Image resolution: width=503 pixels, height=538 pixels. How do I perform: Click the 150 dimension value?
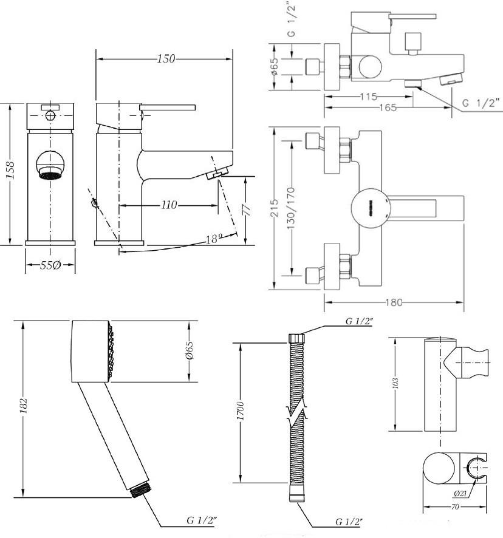point(166,59)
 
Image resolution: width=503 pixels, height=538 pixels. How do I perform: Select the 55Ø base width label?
point(50,265)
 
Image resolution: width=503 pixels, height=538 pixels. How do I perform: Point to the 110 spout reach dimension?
point(169,205)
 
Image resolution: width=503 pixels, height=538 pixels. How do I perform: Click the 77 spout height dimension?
point(247,210)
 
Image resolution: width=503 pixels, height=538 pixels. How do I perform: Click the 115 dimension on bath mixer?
point(368,97)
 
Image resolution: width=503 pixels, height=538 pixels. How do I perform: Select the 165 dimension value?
point(388,107)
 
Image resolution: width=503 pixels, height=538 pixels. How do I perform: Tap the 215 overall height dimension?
point(275,208)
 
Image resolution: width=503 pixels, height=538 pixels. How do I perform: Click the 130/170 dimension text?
point(291,209)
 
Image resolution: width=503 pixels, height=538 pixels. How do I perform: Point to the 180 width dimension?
point(394,302)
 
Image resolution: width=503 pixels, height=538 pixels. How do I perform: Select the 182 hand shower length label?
point(24,406)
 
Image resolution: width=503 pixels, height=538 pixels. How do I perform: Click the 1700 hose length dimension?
point(241,411)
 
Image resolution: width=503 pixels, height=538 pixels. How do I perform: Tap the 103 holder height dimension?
point(395,383)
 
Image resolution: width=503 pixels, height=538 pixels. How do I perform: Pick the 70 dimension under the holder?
point(454,506)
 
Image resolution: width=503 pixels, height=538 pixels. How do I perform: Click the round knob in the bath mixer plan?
point(371,208)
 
